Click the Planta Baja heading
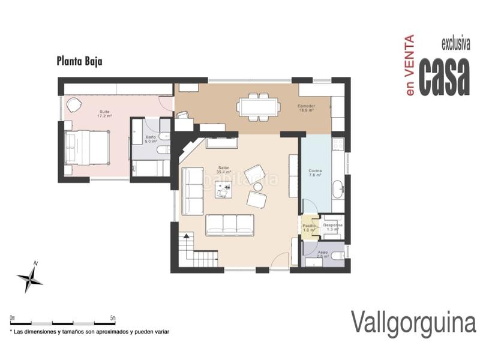[80, 61]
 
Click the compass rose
[30, 277]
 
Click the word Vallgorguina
[413, 322]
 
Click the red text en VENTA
[410, 67]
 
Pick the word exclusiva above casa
[455, 44]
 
